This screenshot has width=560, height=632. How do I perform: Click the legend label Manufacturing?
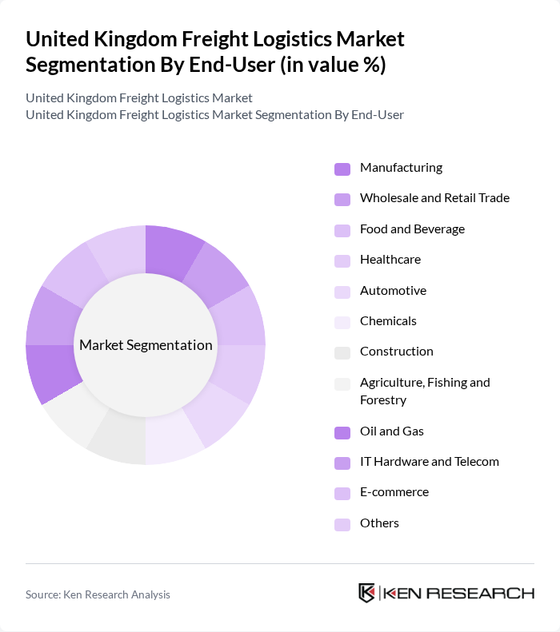[401, 168]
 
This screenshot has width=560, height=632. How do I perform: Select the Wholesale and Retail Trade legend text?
[434, 198]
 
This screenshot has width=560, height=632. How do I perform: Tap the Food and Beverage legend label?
[412, 229]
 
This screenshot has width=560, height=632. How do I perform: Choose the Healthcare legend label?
[390, 260]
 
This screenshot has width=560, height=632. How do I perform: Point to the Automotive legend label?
[393, 291]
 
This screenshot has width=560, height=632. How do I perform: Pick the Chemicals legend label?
[388, 321]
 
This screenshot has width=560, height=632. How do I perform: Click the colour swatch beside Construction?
[342, 352]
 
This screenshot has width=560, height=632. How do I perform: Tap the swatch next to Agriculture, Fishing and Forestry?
[342, 384]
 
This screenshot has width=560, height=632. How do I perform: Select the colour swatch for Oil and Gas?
[342, 432]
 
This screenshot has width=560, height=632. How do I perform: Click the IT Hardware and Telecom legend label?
[429, 462]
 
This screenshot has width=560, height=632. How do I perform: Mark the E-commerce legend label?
[394, 492]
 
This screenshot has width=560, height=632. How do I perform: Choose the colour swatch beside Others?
[342, 524]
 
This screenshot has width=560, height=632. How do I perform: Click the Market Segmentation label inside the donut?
[146, 345]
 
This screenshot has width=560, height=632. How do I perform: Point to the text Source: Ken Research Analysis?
[98, 594]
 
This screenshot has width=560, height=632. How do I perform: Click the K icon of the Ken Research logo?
[367, 593]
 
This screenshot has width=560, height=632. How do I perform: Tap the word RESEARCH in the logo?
[489, 593]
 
